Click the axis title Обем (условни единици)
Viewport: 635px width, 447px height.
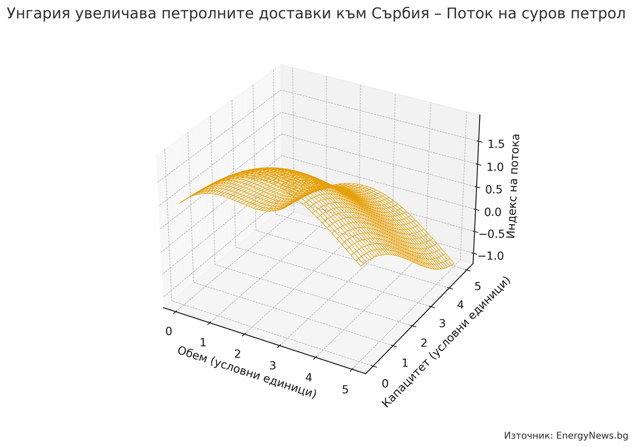247,372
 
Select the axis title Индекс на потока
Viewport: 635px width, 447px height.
513,186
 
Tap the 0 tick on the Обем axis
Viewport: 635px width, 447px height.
169,332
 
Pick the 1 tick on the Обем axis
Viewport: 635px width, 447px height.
203,342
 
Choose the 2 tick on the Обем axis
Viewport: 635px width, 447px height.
238,354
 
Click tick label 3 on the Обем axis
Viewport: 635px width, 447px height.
273,366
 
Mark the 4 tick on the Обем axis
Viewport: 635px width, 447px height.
309,377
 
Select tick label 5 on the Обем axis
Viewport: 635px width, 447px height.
346,390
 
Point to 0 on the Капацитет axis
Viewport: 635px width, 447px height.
385,384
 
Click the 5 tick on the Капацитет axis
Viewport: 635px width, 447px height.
477,286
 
